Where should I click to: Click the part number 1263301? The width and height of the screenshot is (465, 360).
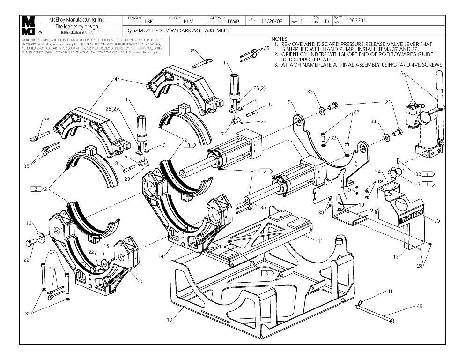[x=356, y=21]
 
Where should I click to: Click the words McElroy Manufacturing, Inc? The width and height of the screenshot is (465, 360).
[x=77, y=20]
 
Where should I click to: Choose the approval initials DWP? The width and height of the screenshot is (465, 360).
[x=233, y=21]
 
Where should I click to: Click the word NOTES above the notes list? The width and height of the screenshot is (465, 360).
[x=280, y=38]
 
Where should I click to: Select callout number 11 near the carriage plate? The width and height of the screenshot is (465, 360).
[x=320, y=240]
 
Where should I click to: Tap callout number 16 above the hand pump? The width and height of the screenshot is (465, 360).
[x=401, y=74]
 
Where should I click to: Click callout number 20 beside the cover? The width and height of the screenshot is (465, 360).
[x=437, y=220]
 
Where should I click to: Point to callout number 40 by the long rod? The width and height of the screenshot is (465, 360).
[x=419, y=306]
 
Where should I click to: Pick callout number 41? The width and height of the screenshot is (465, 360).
[x=389, y=292]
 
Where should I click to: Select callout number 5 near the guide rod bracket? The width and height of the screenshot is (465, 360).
[x=290, y=102]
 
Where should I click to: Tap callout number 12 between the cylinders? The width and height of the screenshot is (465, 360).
[x=288, y=142]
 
